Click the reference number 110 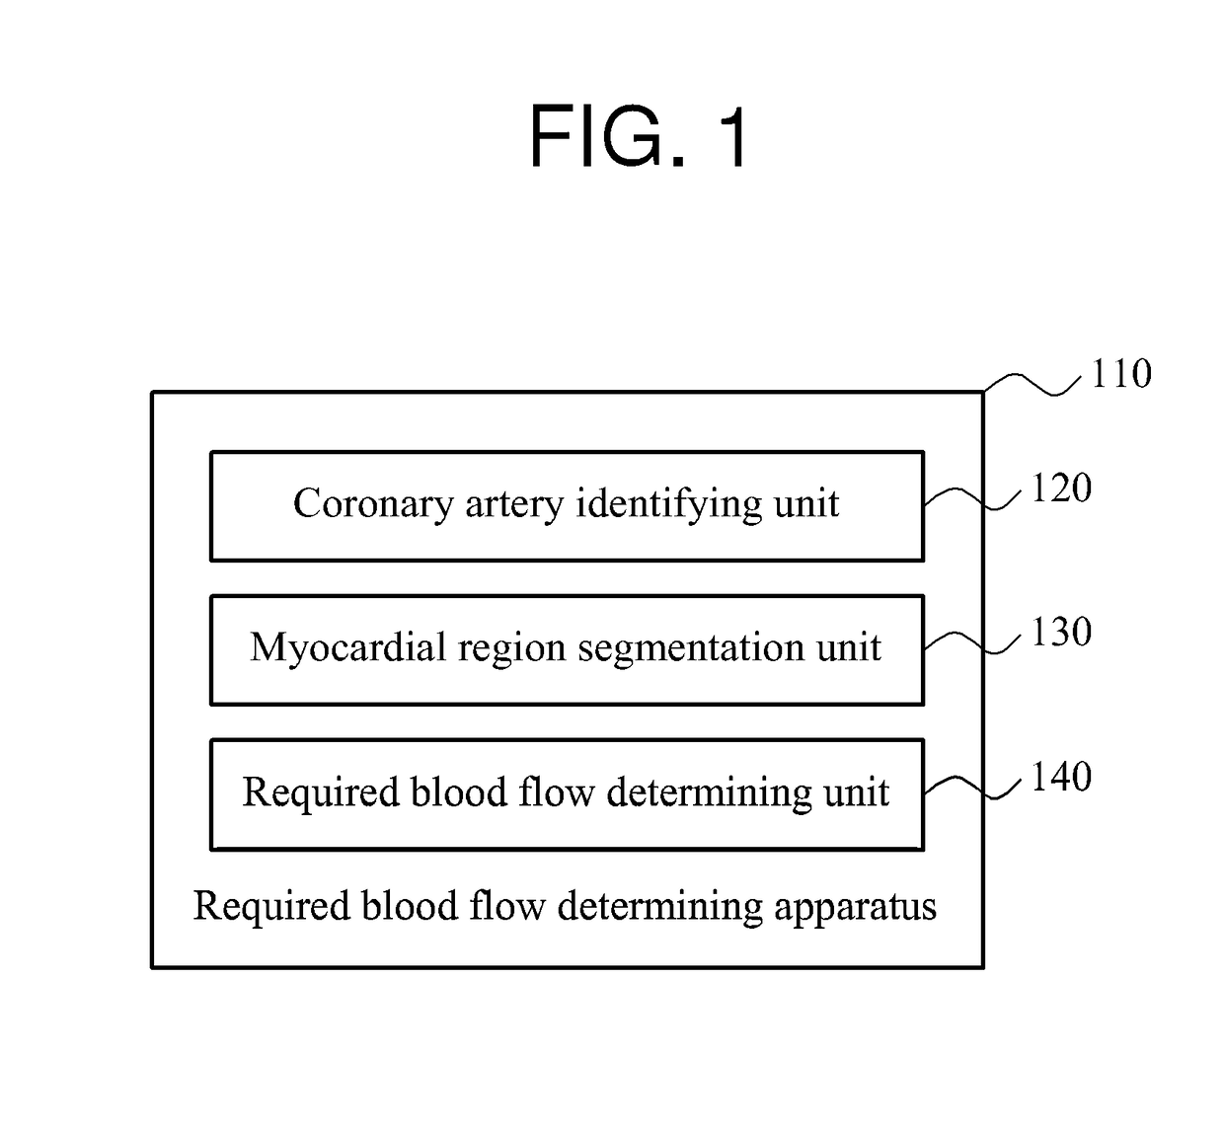pyautogui.click(x=1121, y=373)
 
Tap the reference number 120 pyautogui.click(x=1061, y=488)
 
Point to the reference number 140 pyautogui.click(x=1061, y=776)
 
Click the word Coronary pyautogui.click(x=373, y=504)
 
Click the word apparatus pyautogui.click(x=855, y=907)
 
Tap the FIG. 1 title pyautogui.click(x=638, y=135)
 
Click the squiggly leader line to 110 pyautogui.click(x=1032, y=383)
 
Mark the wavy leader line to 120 pyautogui.click(x=972, y=498)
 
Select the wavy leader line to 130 pyautogui.click(x=972, y=642)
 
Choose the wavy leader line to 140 pyautogui.click(x=972, y=788)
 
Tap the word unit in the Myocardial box pyautogui.click(x=849, y=648)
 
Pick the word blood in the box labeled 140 pyautogui.click(x=459, y=791)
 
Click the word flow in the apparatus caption pyautogui.click(x=507, y=906)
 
